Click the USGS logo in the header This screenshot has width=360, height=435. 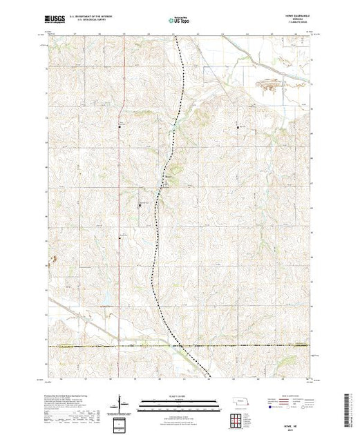pyautogui.click(x=56, y=21)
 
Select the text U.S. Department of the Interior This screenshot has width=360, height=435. pyautogui.click(x=102, y=19)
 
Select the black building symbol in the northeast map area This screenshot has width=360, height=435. pyautogui.click(x=240, y=127)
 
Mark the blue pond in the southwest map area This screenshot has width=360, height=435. pyautogui.click(x=105, y=303)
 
